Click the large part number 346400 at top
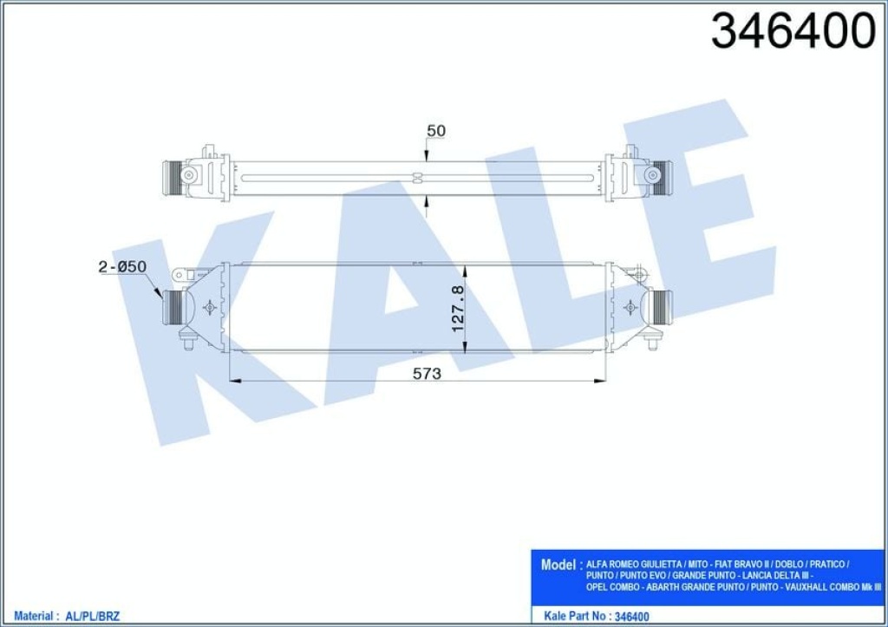[793, 32]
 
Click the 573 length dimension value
[427, 374]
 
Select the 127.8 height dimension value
[458, 308]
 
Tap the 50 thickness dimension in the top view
[435, 131]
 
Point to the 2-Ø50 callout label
[122, 267]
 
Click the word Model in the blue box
[558, 565]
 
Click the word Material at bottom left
[33, 617]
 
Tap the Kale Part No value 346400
[631, 617]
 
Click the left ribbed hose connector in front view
[173, 306]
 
